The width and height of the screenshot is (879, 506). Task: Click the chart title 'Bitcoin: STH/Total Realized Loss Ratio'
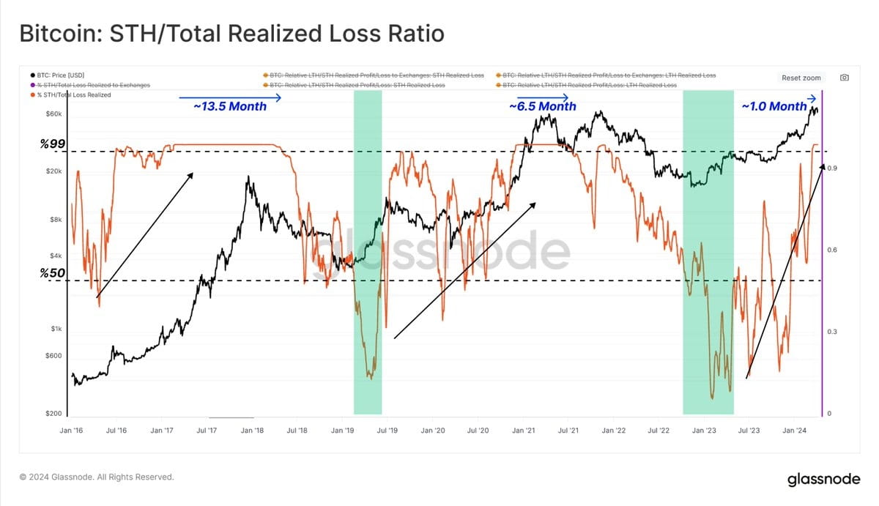click(231, 34)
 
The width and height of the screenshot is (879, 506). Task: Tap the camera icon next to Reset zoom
click(845, 78)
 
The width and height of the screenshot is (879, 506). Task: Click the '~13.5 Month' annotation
click(230, 106)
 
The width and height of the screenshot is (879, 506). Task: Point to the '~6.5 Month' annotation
click(542, 107)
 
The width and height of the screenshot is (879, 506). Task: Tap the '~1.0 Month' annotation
click(774, 107)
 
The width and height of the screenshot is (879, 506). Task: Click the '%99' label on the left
click(53, 145)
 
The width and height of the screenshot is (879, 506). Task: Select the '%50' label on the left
click(53, 273)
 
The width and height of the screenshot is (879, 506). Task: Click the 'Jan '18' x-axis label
click(253, 431)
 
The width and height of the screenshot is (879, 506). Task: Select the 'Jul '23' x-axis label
click(749, 431)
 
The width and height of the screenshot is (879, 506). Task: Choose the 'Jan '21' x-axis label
click(524, 431)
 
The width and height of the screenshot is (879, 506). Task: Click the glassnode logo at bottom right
click(823, 480)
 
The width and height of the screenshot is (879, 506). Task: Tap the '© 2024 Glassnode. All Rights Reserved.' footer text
click(97, 477)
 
